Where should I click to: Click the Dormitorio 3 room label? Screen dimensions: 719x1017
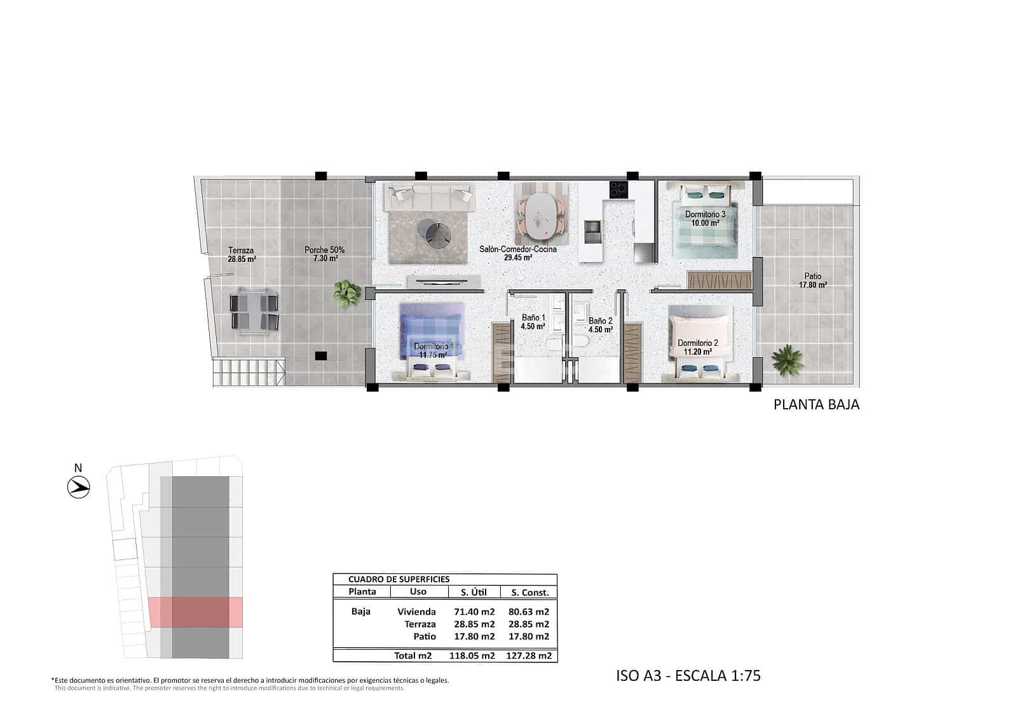click(705, 219)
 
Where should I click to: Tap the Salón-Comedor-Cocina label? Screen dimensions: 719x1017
click(517, 253)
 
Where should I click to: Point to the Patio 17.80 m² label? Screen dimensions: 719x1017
click(812, 280)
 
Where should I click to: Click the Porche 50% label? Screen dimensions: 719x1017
click(324, 254)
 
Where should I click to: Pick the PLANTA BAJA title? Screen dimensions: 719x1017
click(816, 404)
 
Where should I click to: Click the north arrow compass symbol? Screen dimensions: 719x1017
click(79, 488)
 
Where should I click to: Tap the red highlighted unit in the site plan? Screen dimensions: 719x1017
click(196, 612)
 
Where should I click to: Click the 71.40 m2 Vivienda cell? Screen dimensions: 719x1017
click(474, 612)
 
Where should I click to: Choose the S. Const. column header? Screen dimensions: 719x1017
click(529, 592)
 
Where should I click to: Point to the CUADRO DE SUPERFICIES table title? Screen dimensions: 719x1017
click(399, 579)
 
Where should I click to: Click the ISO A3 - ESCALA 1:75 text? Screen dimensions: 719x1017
click(688, 675)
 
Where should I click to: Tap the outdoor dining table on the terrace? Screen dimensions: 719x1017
click(254, 310)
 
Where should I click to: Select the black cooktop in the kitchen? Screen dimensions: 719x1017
click(618, 189)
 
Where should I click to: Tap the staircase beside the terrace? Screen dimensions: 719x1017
click(249, 373)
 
